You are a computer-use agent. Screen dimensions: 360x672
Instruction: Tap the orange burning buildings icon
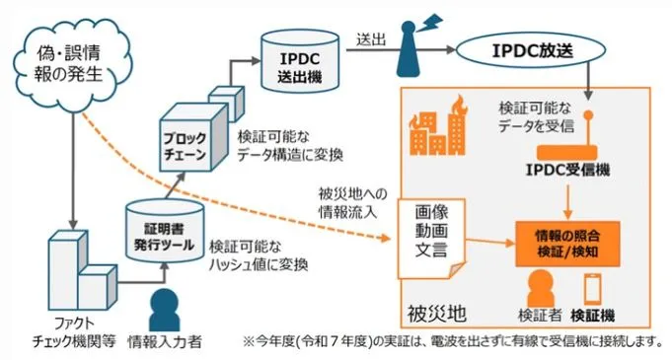tap(434, 129)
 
